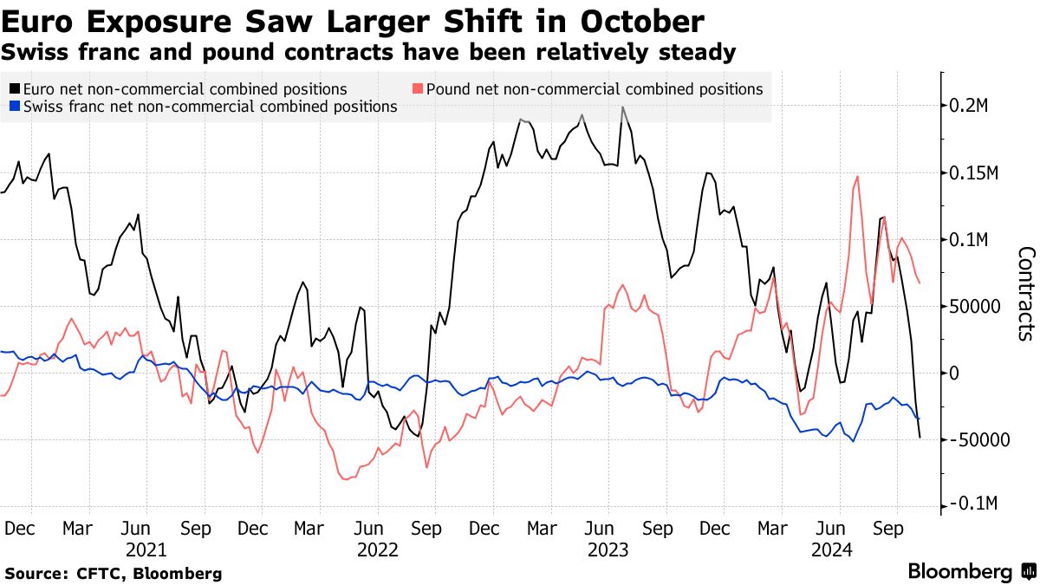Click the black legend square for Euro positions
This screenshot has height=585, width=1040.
(15, 89)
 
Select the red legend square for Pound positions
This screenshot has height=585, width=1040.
(418, 89)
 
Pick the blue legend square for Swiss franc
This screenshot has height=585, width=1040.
(15, 107)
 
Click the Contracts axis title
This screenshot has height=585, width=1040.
(1026, 294)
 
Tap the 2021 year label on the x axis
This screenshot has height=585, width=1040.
(146, 549)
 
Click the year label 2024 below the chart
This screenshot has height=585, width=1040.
(832, 549)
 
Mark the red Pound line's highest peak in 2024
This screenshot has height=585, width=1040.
(857, 177)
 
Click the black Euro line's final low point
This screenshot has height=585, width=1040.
(920, 438)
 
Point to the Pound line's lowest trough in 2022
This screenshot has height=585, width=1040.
(346, 479)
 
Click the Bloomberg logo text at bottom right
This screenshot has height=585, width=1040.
(959, 572)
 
